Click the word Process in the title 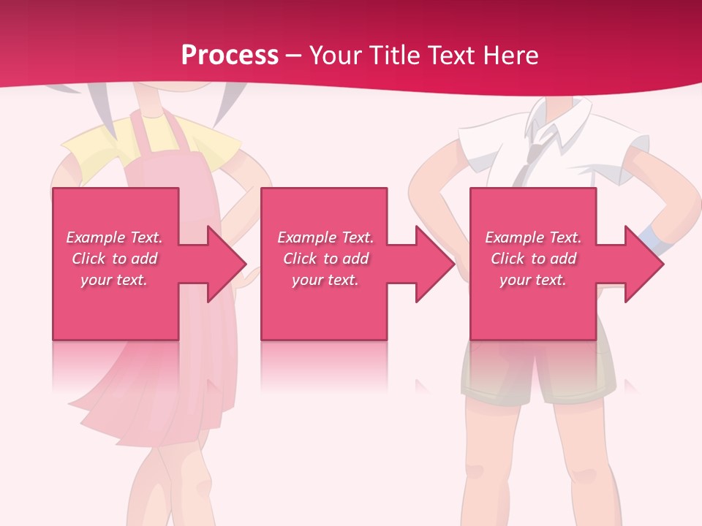[x=230, y=55]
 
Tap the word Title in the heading [x=393, y=55]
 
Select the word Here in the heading [x=510, y=55]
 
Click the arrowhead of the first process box [x=227, y=264]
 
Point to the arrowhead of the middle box [x=435, y=264]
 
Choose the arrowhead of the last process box [x=644, y=264]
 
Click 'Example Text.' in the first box [x=115, y=237]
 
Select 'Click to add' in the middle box [x=325, y=259]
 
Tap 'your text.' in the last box [x=532, y=280]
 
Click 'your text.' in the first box [x=114, y=280]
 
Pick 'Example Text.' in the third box [x=533, y=237]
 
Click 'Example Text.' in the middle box [x=325, y=237]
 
